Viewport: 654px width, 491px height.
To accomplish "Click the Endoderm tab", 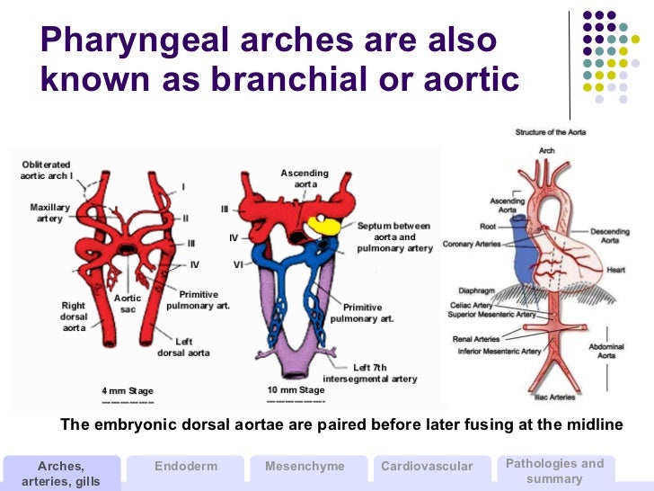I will (x=185, y=466).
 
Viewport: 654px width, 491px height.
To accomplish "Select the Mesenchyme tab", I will (x=305, y=466).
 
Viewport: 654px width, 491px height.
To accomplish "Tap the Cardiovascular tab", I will (x=427, y=466).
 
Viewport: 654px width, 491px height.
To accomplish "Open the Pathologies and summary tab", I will (x=554, y=470).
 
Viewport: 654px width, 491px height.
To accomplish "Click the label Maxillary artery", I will (x=50, y=213).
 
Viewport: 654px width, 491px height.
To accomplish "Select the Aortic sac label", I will (x=128, y=303).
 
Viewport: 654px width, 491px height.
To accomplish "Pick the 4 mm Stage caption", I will (x=128, y=391).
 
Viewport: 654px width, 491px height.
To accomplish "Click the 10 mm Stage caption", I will (x=296, y=390).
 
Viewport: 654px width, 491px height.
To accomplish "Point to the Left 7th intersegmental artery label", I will (x=370, y=373).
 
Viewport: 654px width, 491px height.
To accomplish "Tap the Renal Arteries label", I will (x=475, y=339).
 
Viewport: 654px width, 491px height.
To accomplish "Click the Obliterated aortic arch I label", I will (x=47, y=170).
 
